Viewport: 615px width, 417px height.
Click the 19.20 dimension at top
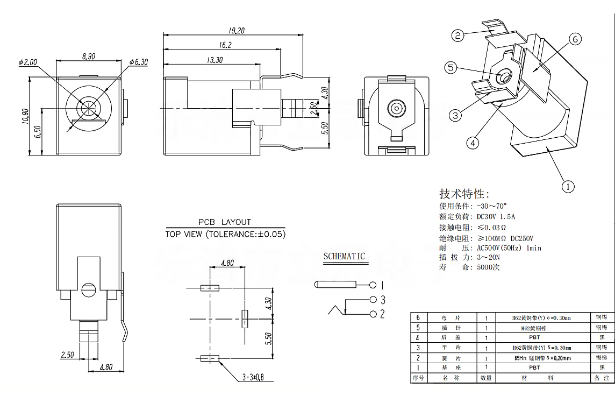234,31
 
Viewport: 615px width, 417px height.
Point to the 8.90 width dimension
89,56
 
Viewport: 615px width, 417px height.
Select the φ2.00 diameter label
28,62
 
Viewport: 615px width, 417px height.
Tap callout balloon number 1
568,187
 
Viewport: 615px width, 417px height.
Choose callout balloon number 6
574,39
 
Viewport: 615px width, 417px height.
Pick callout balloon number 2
457,36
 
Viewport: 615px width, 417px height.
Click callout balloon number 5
450,67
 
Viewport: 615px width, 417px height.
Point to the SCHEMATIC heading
344,256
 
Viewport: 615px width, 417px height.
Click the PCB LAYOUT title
225,222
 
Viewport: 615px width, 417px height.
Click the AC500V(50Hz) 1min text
509,248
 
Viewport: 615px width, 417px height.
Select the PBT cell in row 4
534,337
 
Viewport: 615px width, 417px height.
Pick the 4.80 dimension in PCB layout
227,264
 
